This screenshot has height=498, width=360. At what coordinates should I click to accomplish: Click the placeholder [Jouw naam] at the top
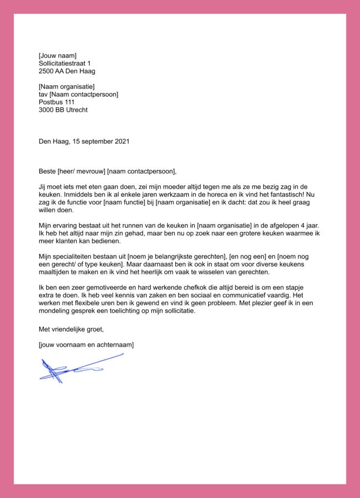point(57,55)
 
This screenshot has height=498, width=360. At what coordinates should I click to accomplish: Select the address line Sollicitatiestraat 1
point(65,63)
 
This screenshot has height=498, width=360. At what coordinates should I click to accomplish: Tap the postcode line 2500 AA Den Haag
point(67,71)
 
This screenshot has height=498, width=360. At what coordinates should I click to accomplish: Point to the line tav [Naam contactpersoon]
point(78,94)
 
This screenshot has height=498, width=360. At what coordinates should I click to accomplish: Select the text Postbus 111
point(56,102)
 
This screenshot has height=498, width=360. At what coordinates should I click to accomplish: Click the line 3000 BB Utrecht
point(63,110)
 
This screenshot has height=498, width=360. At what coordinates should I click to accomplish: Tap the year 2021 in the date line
point(122,142)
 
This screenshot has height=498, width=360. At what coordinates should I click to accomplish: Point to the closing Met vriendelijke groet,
point(71,329)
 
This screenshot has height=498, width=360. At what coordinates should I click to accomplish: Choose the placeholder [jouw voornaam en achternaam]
point(86,345)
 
